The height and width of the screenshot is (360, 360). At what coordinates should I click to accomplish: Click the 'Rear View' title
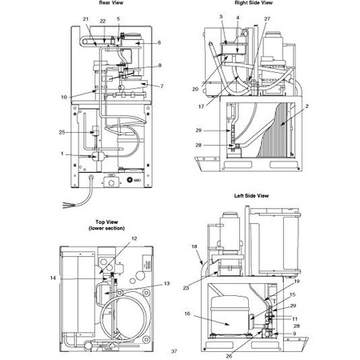[110, 3]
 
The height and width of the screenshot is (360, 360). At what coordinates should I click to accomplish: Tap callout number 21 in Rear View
[86, 18]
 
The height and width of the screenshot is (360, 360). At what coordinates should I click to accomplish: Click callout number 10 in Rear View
[63, 97]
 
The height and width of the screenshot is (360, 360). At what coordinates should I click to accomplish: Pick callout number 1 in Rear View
[62, 154]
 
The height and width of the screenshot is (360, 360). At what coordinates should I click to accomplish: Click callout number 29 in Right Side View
[198, 130]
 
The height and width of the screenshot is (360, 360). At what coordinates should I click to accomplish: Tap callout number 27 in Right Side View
[267, 18]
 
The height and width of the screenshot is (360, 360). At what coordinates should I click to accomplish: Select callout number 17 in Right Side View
[202, 106]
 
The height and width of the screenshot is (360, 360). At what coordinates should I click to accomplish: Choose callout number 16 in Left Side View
[187, 314]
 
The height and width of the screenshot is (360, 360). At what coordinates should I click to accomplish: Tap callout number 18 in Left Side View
[194, 247]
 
